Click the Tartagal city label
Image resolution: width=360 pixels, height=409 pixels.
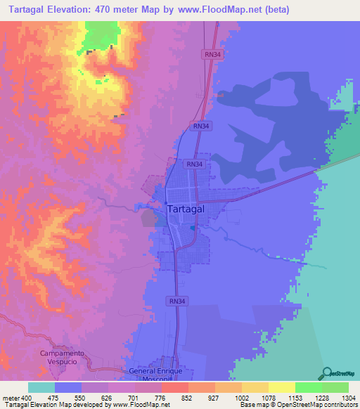point(187,209)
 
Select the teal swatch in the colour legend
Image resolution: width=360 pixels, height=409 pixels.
point(41,387)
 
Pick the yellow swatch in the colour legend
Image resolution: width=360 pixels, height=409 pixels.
point(281,387)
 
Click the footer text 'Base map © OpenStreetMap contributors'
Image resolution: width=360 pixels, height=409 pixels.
point(297,405)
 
